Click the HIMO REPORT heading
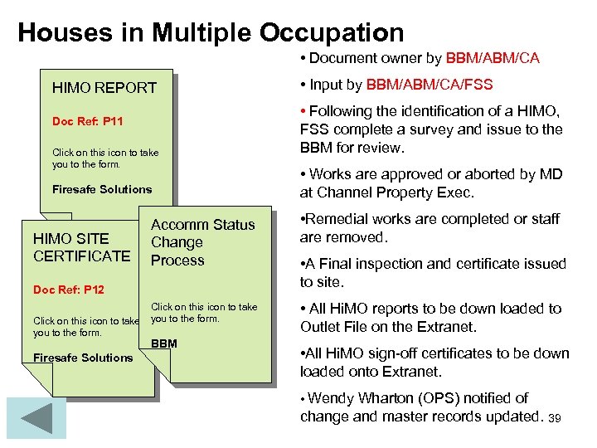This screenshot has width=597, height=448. [x=104, y=87]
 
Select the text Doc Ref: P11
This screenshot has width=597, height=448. [x=88, y=122]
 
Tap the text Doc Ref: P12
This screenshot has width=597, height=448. [x=69, y=290]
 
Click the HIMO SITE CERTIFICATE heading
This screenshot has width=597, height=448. [x=81, y=247]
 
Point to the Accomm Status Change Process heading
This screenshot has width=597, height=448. [x=201, y=242]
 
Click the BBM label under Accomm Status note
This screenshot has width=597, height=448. [x=164, y=343]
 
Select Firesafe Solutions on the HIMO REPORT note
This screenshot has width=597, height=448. [x=102, y=189]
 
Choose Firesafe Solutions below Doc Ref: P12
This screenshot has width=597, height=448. [x=82, y=358]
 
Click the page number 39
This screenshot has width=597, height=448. [x=555, y=418]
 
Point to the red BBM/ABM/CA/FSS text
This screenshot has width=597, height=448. [x=430, y=84]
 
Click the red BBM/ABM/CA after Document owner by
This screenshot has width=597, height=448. [x=493, y=58]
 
